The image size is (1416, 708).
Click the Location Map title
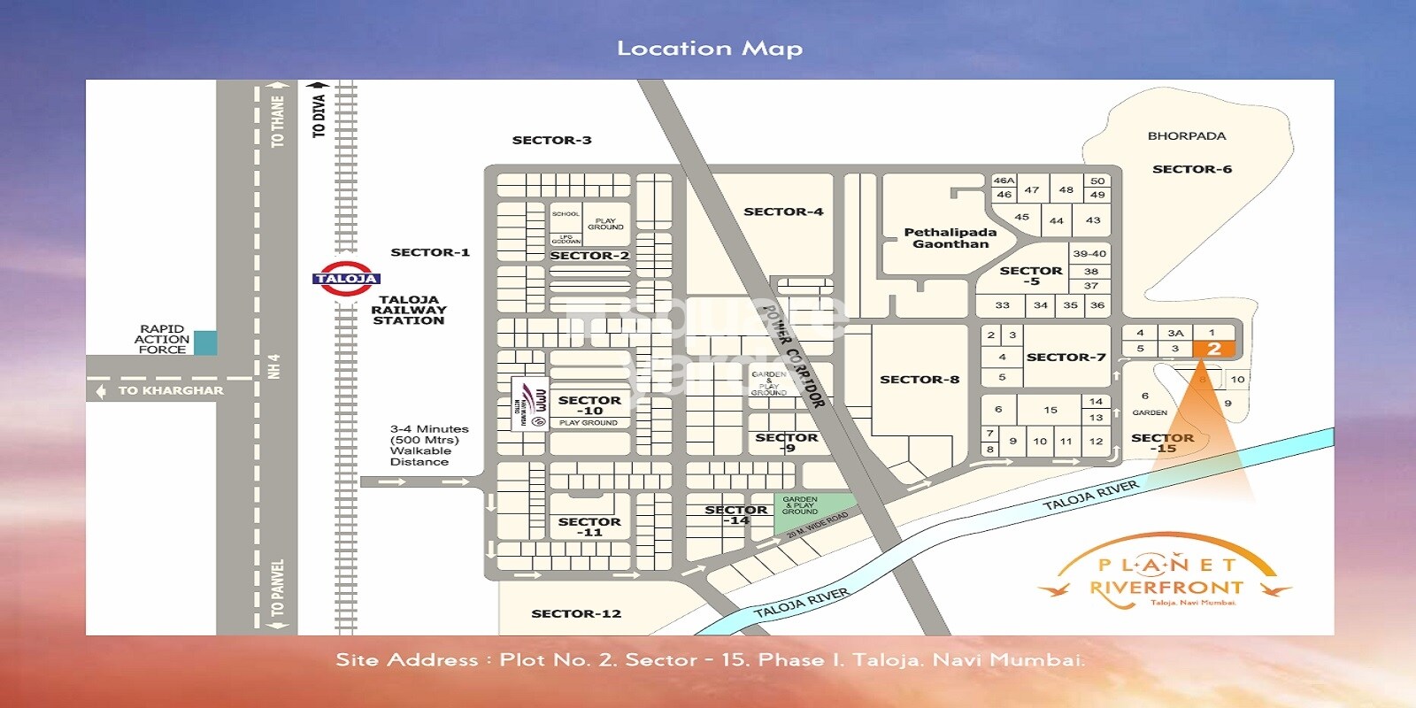[710, 49]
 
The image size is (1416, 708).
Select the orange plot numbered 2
[1213, 349]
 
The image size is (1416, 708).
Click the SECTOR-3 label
[551, 141]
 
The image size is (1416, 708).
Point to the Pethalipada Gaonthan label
[950, 238]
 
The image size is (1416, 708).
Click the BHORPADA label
[1187, 136]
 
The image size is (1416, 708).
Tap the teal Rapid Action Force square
[205, 342]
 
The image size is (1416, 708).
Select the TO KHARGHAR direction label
[171, 390]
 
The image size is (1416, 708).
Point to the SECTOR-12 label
[576, 613]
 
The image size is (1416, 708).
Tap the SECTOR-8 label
[920, 380]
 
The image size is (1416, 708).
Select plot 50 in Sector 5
[1097, 181]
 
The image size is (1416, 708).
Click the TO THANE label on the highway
[278, 121]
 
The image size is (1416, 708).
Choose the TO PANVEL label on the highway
[278, 588]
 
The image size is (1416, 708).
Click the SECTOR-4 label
[783, 212]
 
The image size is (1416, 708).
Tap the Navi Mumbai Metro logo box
[529, 404]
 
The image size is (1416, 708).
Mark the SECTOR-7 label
[1066, 358]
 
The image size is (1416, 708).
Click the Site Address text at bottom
[710, 660]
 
